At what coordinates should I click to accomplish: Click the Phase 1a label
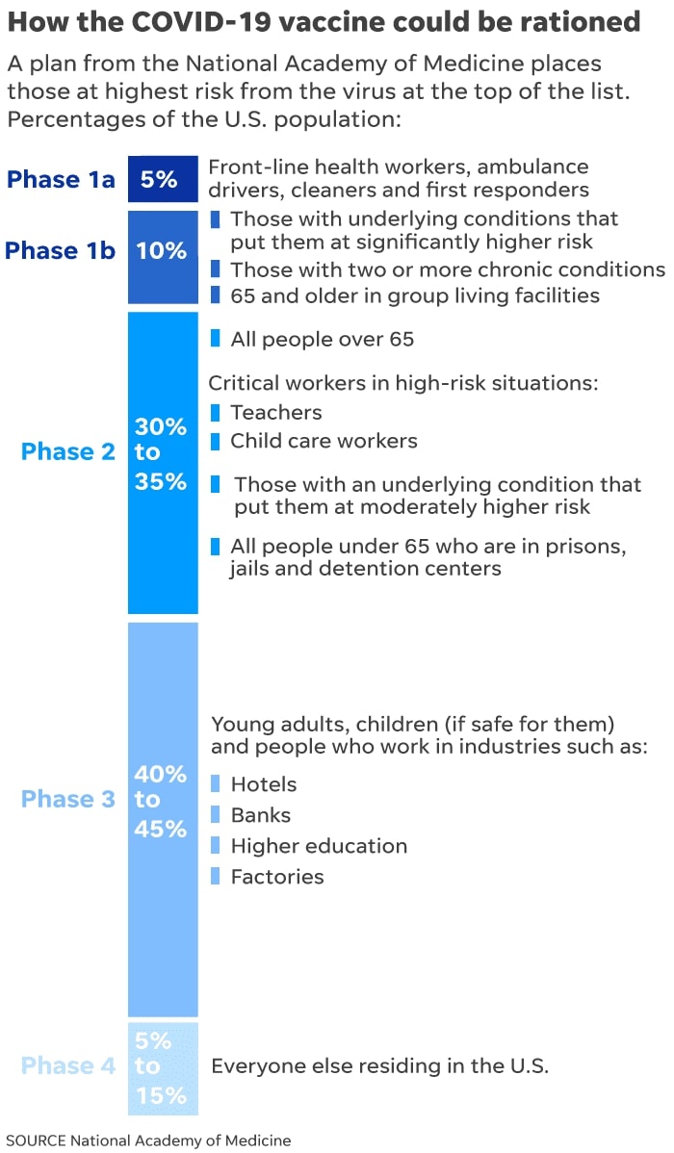coord(61,179)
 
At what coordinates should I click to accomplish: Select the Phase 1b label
coord(60,251)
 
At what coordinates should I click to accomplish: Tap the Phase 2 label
coord(67,451)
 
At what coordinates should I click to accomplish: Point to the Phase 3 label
coord(67,799)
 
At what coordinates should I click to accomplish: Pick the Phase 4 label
coord(67,1065)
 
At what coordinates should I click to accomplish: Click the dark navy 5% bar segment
coord(163,179)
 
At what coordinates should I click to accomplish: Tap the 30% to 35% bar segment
coord(163,462)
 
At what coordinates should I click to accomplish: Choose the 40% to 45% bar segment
coord(163,818)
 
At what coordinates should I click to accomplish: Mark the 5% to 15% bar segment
coord(163,1067)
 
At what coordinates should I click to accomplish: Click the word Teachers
coord(276,412)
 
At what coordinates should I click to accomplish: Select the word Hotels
coord(264,784)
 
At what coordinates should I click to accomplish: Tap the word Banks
coord(260,815)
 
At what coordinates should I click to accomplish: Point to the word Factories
coord(277,877)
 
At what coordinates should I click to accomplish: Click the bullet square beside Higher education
coord(215,846)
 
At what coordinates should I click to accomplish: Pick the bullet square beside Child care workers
coord(215,441)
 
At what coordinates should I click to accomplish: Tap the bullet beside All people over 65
coord(215,339)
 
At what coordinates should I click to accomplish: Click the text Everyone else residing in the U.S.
coord(379,1065)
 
